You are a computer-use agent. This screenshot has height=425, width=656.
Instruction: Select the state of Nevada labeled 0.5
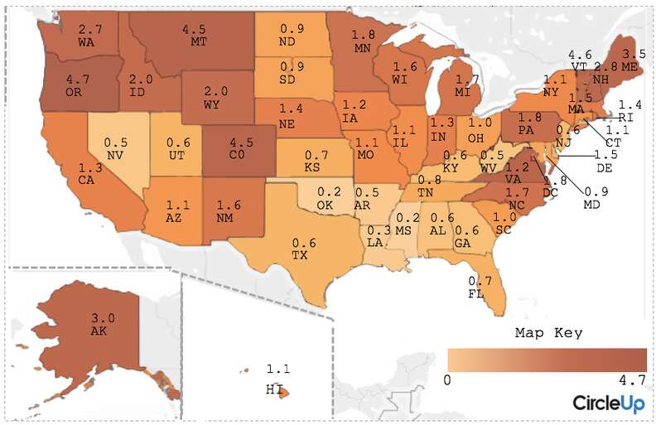(115, 149)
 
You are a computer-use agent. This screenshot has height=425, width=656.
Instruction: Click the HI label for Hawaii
(274, 389)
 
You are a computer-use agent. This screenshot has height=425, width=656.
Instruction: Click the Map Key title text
(548, 333)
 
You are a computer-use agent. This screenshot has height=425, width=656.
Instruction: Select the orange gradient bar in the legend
(547, 360)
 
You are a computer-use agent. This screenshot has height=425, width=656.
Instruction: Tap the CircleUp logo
(609, 403)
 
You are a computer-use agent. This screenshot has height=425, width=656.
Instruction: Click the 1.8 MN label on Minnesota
(363, 41)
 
